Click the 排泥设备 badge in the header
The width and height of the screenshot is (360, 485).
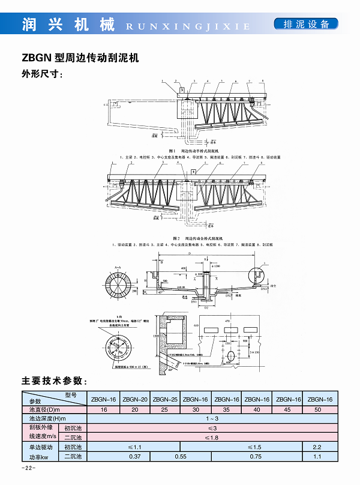(305, 25)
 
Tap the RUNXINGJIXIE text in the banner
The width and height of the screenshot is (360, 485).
(188, 26)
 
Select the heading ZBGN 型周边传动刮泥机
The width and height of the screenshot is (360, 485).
(80, 58)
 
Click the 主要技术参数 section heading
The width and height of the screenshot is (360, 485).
(55, 381)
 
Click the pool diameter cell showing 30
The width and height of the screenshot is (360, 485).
(196, 409)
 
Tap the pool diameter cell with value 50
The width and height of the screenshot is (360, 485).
(318, 409)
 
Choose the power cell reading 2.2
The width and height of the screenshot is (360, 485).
(318, 447)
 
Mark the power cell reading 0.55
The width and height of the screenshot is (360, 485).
(181, 457)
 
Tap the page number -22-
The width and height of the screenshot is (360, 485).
(29, 468)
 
